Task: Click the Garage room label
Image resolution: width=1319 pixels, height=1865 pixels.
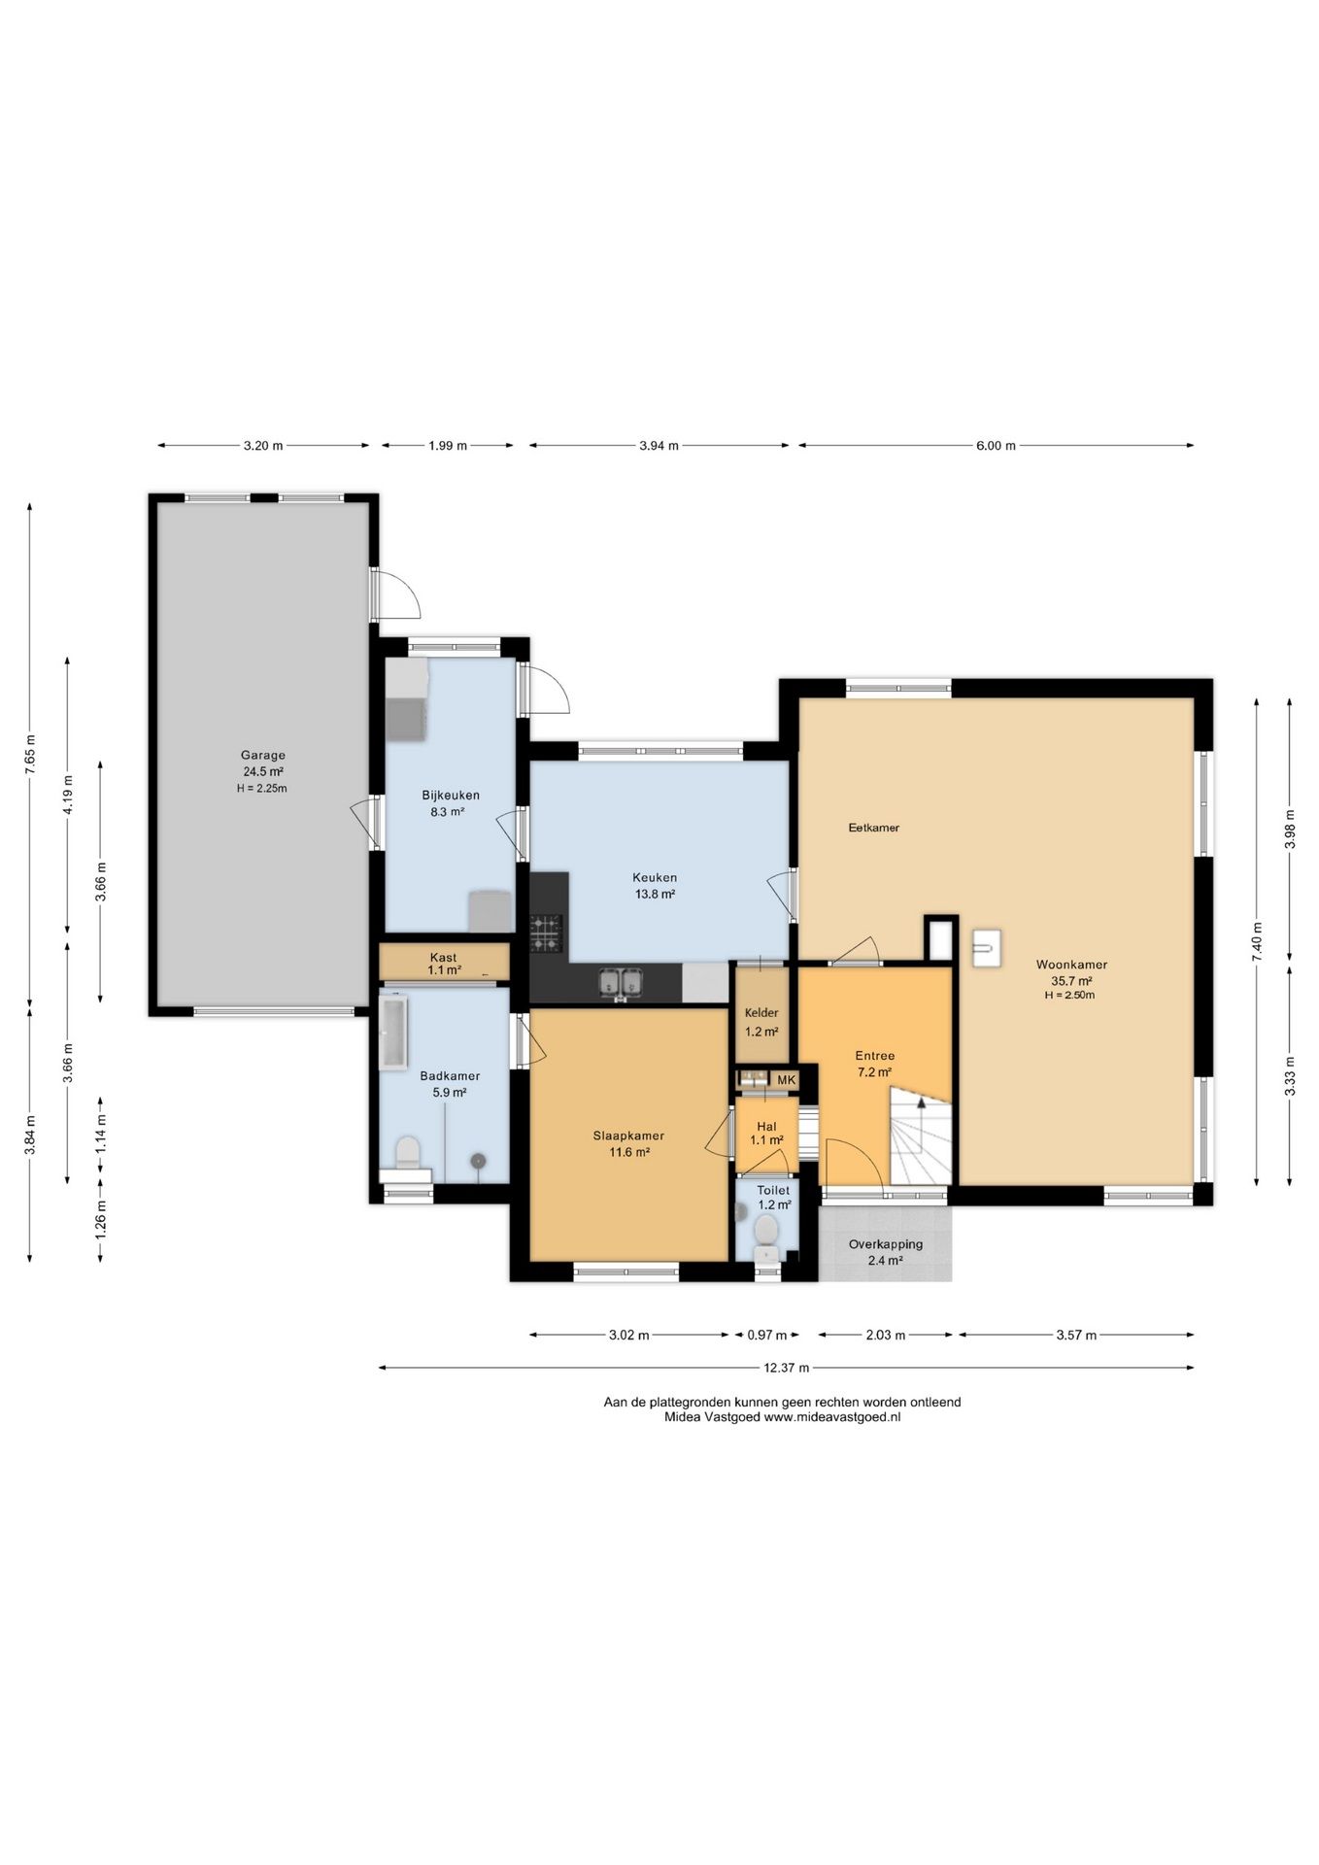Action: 263,755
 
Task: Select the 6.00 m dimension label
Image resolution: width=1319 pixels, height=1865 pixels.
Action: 996,446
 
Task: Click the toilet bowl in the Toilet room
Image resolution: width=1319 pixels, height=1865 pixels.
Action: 766,1235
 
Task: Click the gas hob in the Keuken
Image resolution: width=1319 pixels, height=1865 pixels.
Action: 546,933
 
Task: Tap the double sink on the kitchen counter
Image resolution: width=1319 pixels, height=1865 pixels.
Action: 620,983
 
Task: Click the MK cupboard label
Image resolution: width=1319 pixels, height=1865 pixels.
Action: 787,1080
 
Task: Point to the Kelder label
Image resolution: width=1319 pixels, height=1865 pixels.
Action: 761,1013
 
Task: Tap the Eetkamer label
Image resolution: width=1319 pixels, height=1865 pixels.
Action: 874,828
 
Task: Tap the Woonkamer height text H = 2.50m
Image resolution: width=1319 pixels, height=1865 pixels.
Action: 1070,995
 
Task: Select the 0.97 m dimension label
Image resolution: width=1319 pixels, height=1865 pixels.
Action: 767,1335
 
